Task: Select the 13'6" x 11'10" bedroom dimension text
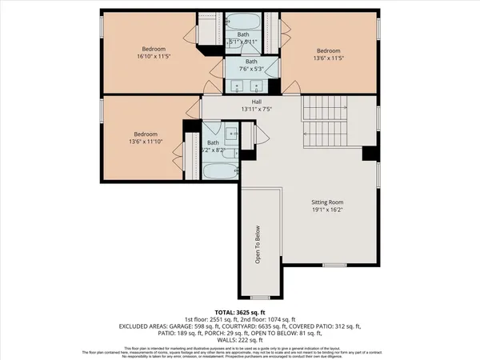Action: pos(145,143)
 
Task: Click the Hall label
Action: pos(257,102)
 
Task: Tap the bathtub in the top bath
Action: pos(251,22)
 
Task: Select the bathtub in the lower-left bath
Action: pos(218,171)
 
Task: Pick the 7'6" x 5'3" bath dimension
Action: pos(251,70)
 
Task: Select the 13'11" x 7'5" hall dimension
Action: pos(257,110)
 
